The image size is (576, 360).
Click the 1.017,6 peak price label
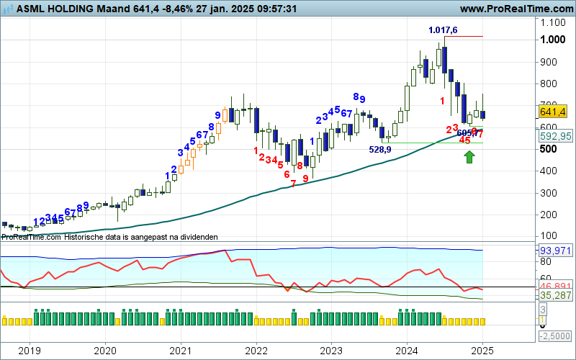click(443, 30)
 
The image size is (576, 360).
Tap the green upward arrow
click(469, 156)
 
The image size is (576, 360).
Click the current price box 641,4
click(553, 112)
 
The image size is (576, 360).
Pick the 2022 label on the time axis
click(256, 351)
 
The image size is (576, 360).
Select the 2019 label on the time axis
click(29, 351)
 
